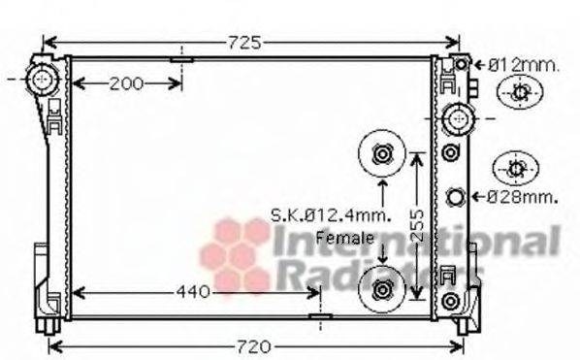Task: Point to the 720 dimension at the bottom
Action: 254,346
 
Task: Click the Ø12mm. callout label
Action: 523,65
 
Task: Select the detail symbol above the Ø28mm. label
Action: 515,169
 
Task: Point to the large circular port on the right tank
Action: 457,120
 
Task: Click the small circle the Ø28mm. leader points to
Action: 455,198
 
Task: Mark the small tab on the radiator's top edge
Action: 181,59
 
